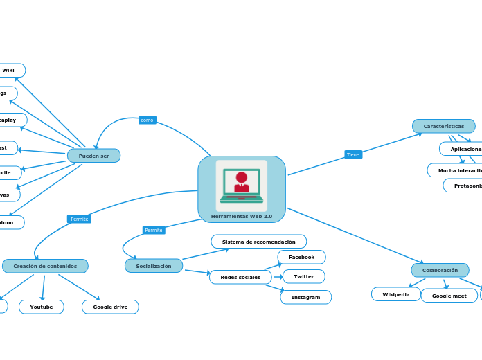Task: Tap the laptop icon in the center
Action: pyautogui.click(x=241, y=186)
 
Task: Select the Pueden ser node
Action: pyautogui.click(x=93, y=156)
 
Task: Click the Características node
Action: pyautogui.click(x=444, y=126)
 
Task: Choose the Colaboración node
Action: pyautogui.click(x=440, y=270)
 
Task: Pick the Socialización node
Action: pyautogui.click(x=154, y=266)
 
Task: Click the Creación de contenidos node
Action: pyautogui.click(x=45, y=266)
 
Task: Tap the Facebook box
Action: pyautogui.click(x=301, y=257)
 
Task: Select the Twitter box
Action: pyautogui.click(x=303, y=276)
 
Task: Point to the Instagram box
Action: pyautogui.click(x=305, y=297)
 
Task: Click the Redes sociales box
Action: pyautogui.click(x=240, y=277)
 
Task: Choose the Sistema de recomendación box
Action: pyautogui.click(x=258, y=242)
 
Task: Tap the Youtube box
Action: pyautogui.click(x=42, y=307)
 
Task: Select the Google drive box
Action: pyautogui.click(x=110, y=307)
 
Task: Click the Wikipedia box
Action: pyautogui.click(x=396, y=294)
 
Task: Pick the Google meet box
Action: pyautogui.click(x=449, y=296)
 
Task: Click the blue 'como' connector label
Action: pyautogui.click(x=147, y=120)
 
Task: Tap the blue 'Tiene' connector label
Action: pyautogui.click(x=353, y=154)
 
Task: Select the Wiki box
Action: pyautogui.click(x=10, y=71)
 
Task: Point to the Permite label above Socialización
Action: pyautogui.click(x=154, y=230)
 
